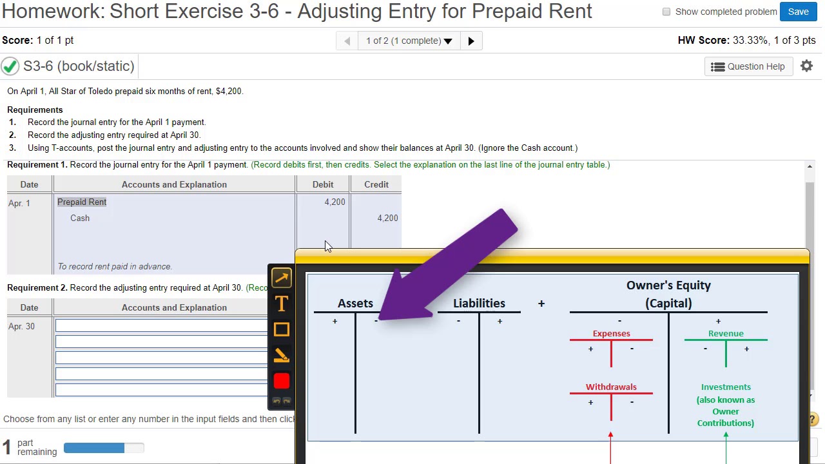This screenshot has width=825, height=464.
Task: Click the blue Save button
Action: click(798, 12)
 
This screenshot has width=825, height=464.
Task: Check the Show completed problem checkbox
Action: click(666, 12)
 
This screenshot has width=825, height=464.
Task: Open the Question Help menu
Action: click(748, 66)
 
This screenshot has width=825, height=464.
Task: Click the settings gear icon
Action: click(806, 66)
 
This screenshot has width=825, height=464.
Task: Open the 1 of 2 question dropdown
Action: click(409, 41)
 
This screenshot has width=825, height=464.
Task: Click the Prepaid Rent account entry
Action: click(82, 202)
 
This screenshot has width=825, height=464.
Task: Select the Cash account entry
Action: click(80, 218)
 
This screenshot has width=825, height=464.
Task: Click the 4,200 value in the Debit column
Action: click(335, 202)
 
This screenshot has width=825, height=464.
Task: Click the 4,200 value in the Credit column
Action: click(387, 218)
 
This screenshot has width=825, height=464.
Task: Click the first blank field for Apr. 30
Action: click(161, 326)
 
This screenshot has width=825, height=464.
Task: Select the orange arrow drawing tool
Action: click(282, 278)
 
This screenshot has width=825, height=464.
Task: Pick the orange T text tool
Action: click(282, 304)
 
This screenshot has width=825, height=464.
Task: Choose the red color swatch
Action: click(282, 381)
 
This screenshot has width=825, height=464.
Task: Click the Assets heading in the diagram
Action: click(355, 303)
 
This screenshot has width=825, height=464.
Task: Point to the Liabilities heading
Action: click(479, 303)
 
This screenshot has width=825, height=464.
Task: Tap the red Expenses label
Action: click(611, 333)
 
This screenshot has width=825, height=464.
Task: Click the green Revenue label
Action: click(726, 333)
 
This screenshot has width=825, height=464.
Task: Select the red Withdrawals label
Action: click(611, 387)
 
